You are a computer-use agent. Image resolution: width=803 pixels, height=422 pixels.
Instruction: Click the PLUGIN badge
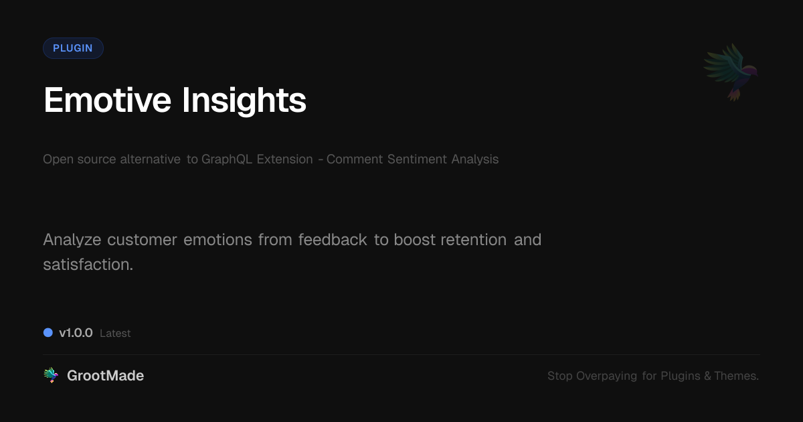click(x=73, y=48)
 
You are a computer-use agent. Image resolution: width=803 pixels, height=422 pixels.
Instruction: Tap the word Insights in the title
click(x=244, y=100)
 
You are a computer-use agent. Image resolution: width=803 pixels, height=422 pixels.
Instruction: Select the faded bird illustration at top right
click(x=731, y=72)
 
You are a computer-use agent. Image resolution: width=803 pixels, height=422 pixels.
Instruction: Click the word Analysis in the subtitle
click(x=475, y=159)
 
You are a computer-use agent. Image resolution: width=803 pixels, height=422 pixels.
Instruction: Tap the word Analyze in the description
click(x=72, y=240)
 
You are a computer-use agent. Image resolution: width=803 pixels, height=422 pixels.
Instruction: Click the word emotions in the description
click(x=217, y=240)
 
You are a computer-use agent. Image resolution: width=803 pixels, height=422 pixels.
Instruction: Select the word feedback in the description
click(x=333, y=240)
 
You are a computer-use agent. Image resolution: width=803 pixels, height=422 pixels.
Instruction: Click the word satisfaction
click(x=88, y=265)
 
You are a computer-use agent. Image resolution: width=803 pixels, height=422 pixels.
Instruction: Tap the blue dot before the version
click(x=48, y=333)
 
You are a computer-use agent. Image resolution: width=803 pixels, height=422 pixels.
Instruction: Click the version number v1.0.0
click(x=76, y=333)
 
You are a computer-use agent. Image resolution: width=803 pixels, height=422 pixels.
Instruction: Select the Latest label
click(x=115, y=334)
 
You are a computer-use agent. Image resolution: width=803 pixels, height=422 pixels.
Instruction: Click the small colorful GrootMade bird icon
click(x=51, y=376)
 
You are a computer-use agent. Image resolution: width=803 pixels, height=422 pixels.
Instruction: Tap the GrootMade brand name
click(x=105, y=376)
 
